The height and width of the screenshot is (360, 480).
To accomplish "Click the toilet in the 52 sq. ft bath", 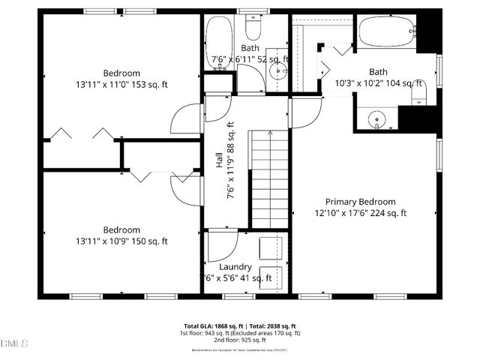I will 253,28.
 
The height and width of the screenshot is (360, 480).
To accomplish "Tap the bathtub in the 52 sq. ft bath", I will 219,40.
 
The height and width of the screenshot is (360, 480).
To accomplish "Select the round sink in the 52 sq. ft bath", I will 278,72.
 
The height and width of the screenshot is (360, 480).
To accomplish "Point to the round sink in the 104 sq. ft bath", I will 376,118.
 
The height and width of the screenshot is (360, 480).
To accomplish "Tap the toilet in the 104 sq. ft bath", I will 421,94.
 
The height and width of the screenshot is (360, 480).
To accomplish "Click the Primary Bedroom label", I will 360,201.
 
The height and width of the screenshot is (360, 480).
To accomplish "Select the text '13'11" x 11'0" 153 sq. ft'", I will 121,84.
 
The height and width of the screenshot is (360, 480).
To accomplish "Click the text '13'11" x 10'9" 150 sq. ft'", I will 121,241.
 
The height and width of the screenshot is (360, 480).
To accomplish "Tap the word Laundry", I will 235,267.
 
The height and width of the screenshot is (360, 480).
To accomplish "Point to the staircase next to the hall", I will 269,177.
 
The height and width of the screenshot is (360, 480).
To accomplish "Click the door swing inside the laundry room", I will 221,244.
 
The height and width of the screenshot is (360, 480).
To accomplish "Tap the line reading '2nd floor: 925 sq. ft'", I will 239,339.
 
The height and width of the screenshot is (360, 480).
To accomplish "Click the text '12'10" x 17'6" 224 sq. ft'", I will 360,213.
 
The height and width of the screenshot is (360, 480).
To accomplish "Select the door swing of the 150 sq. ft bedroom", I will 185,187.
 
